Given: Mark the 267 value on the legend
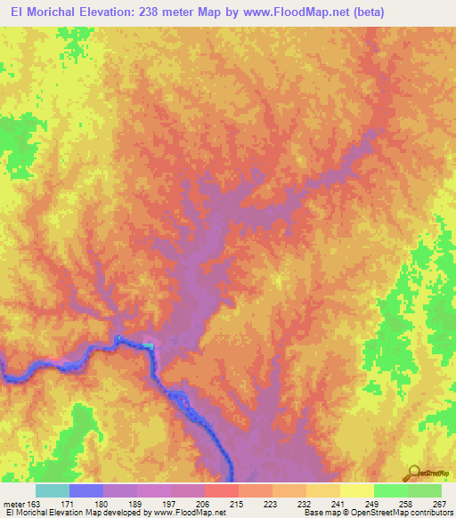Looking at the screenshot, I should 438,504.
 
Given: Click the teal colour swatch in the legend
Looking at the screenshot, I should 52,490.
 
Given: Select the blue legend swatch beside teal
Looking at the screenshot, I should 86,490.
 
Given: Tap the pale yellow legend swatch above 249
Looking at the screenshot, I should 356,490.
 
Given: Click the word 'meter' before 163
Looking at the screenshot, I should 13,504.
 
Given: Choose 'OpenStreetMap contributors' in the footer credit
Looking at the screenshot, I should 396,514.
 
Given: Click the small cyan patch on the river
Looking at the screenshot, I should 147,344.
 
